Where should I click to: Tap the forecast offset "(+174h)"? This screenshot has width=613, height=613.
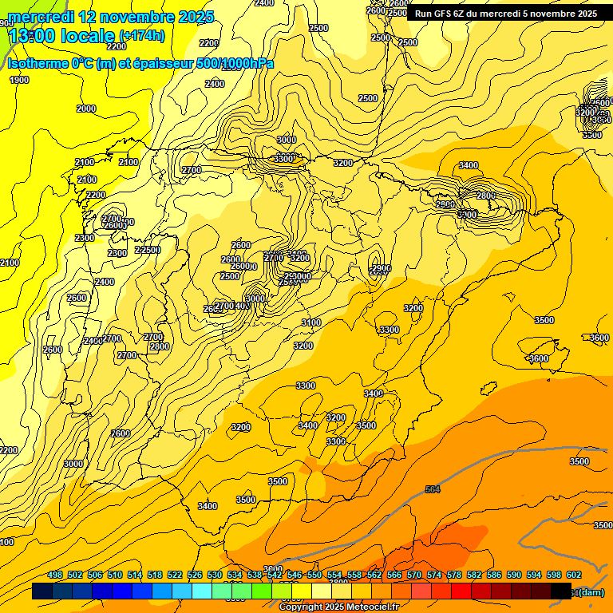pos(141,35)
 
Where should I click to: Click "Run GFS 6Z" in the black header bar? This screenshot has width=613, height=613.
pos(442,14)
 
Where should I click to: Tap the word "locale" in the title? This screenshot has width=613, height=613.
pos(88,35)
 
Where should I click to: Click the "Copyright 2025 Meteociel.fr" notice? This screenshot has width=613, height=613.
pos(338,607)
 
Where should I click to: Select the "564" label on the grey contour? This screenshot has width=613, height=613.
pos(433,489)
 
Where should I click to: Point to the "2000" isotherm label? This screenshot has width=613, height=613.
pos(86,109)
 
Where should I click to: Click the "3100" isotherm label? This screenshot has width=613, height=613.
pos(311,322)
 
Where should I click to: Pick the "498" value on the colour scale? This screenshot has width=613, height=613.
pos(55,575)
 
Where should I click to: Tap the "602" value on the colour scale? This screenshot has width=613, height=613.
pos(574,575)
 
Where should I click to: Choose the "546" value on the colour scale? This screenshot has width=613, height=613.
pos(295,575)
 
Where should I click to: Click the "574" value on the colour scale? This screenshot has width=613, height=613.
pos(434,575)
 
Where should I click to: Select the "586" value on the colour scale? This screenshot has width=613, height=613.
pos(494,575)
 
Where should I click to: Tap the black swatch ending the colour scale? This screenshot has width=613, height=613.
pos(561,591)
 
